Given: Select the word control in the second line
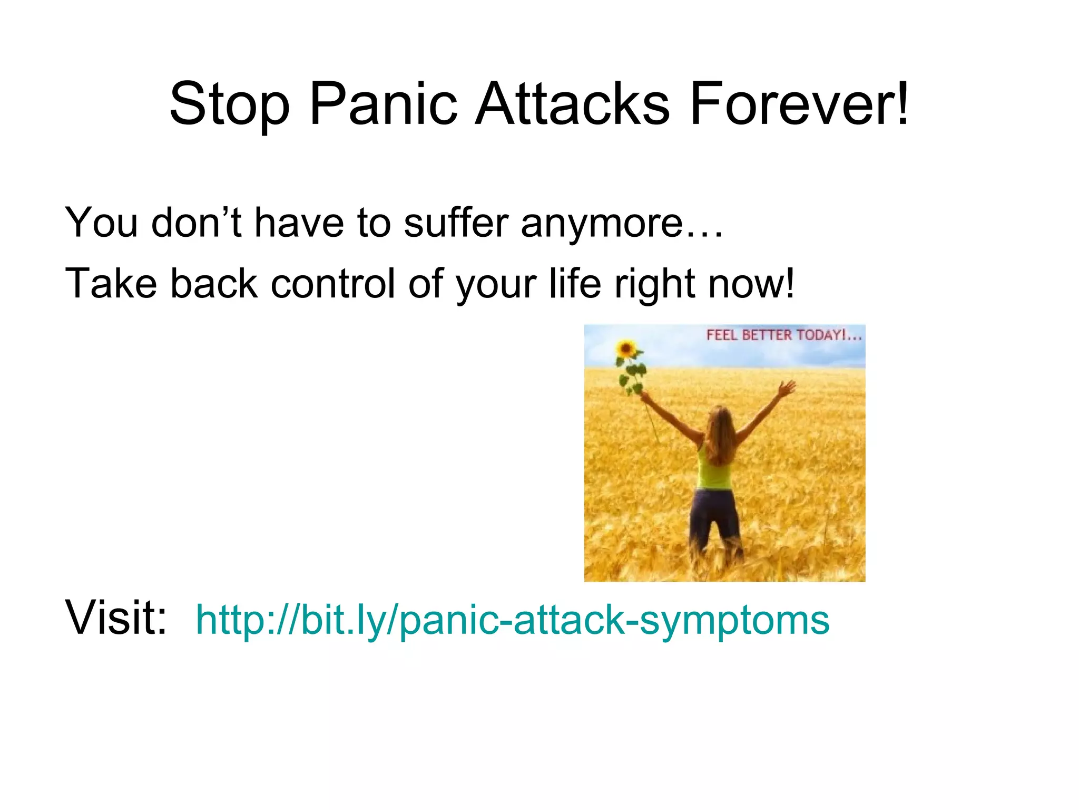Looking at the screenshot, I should coord(332,284).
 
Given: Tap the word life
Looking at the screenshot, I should coord(574,284).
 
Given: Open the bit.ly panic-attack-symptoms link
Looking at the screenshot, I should coord(512,620).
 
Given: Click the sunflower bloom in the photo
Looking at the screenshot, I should coord(626,349).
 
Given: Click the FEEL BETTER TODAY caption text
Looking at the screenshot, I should coord(783,335).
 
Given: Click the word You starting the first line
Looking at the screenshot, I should coord(101,223).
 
